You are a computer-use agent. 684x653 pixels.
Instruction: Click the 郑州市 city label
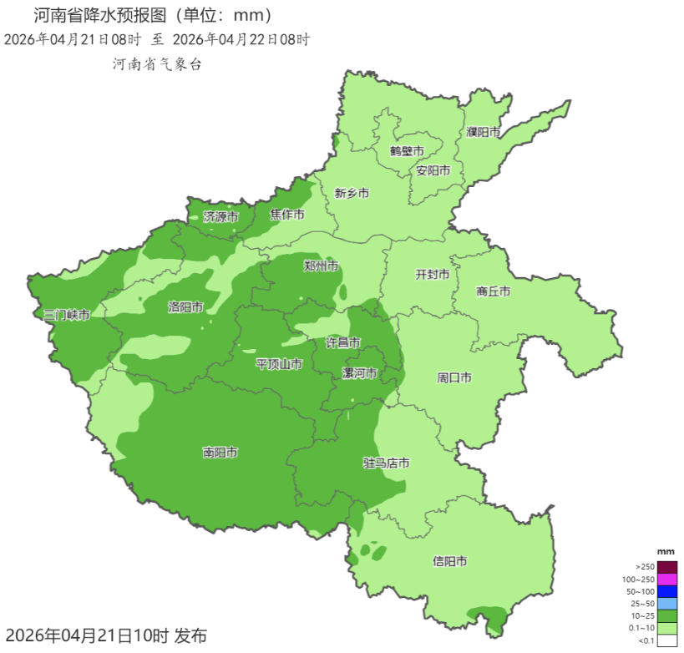321,266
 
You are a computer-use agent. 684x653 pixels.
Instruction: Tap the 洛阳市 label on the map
185,307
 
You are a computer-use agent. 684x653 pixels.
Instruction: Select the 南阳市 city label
220,453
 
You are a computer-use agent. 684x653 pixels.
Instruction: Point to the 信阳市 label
449,560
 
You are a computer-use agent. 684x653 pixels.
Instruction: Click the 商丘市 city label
493,291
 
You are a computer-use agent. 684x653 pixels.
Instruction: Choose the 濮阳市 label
484,132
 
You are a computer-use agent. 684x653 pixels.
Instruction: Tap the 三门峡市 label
67,315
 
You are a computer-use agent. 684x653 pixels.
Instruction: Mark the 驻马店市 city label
386,463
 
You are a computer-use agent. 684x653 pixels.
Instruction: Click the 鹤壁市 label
407,151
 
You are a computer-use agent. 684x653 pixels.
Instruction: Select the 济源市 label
220,216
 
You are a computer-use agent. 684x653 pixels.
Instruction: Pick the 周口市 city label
454,377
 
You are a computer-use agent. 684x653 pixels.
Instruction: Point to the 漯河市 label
360,372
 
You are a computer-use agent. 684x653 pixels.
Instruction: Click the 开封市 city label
433,274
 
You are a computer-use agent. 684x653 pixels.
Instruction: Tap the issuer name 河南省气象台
157,63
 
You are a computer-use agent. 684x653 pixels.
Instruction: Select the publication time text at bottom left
105,635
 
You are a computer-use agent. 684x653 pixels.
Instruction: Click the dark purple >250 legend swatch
667,567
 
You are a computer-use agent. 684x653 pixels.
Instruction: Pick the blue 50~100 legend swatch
667,591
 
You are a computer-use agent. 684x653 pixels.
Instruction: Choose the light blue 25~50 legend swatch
667,604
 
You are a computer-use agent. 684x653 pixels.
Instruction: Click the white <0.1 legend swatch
667,640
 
